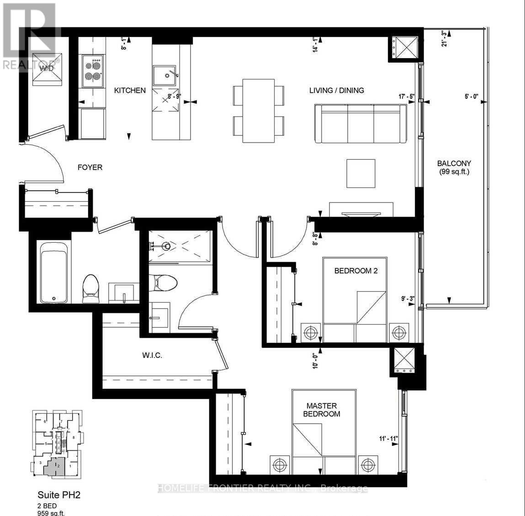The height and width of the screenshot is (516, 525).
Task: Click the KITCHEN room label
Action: (130, 90)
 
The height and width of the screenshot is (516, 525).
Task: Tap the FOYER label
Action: (90, 167)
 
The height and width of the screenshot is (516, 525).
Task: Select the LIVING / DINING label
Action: (337, 90)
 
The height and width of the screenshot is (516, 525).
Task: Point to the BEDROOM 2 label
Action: (356, 271)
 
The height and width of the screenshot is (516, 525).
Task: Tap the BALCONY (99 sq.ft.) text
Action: (454, 167)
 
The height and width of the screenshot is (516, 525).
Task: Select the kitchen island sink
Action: (165, 75)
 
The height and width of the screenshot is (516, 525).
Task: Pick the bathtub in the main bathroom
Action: (54, 272)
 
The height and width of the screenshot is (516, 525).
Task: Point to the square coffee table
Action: (361, 173)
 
